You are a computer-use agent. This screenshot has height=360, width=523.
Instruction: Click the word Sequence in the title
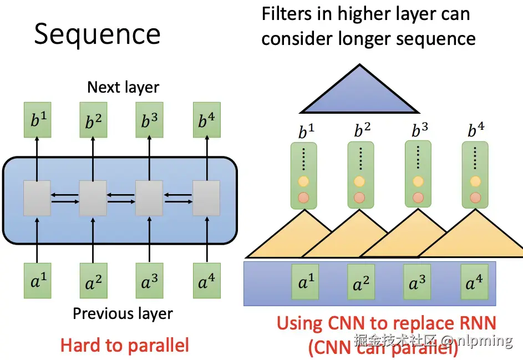tap(97, 34)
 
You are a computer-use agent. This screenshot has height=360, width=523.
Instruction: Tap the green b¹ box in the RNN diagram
tap(37, 120)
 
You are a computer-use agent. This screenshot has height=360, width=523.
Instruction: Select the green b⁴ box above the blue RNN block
tap(207, 120)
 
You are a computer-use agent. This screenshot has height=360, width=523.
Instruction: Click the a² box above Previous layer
tap(93, 281)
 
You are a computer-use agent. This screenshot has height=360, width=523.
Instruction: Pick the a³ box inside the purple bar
tap(417, 282)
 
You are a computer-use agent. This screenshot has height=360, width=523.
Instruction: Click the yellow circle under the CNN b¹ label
tap(303, 181)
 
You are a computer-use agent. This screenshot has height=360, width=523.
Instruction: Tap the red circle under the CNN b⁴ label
tap(475, 197)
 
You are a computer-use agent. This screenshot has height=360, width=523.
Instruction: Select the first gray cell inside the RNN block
tap(37, 198)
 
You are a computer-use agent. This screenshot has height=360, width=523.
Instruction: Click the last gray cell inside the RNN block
tap(206, 198)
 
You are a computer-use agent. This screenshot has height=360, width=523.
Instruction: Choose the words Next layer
tap(123, 88)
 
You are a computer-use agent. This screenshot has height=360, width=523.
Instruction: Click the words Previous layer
tap(123, 313)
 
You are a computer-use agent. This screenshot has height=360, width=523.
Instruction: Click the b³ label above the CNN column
tap(420, 130)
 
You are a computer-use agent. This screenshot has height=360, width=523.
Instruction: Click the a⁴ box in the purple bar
tap(474, 282)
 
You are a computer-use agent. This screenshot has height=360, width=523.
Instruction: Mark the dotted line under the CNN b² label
tap(361, 158)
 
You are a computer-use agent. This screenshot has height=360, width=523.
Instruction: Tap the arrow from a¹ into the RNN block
tap(37, 240)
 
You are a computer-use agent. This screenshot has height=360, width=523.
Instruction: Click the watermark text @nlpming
tap(477, 341)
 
